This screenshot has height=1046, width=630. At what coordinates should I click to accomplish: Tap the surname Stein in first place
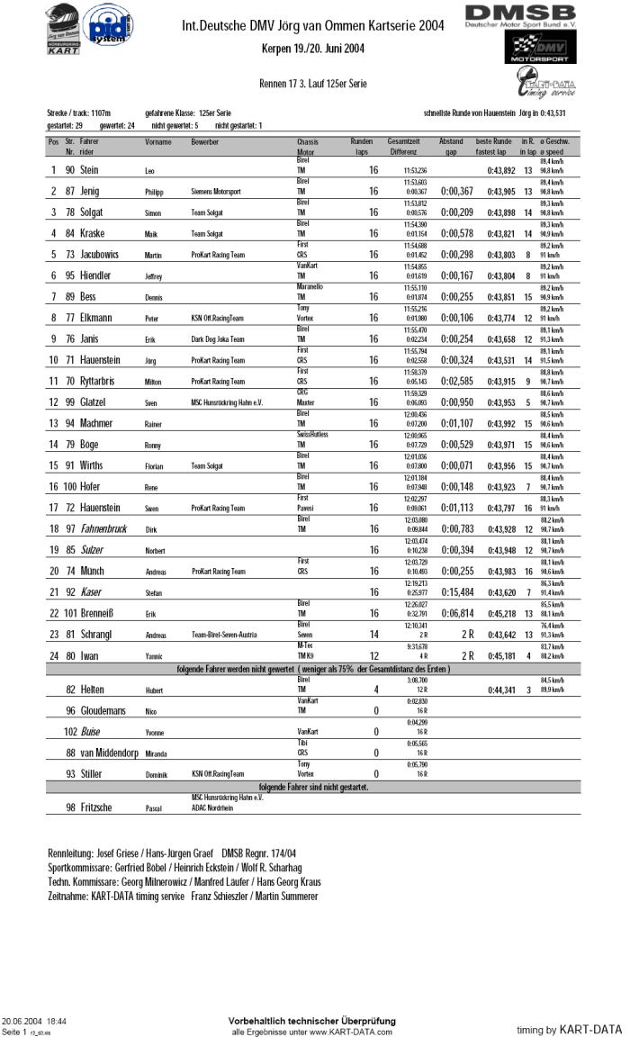coord(89,170)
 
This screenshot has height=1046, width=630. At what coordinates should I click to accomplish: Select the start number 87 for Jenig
coord(69,192)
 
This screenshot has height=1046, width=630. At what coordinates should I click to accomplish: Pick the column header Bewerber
coord(204,142)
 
